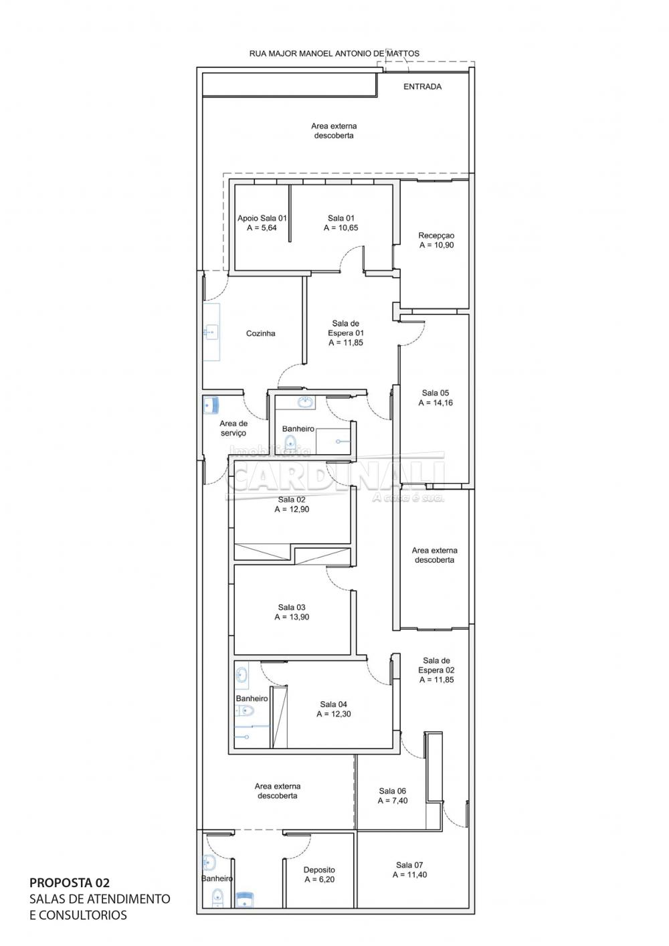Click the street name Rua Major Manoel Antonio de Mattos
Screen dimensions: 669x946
pos(334,54)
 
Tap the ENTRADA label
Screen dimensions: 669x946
pos(422,86)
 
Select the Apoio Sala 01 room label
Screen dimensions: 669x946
pos(262,218)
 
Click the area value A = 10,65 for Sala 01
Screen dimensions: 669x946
pos(341,228)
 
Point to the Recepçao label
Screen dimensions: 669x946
pos(436,235)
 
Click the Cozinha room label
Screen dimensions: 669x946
pos(261,334)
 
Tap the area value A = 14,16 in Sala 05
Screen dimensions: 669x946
pos(436,403)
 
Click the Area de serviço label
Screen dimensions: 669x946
pos(233,428)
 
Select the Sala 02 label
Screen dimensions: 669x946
pos(292,500)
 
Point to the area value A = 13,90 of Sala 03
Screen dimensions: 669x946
pos(292,617)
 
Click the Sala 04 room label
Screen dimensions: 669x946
pos(333,704)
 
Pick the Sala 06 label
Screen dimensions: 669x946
pos(392,791)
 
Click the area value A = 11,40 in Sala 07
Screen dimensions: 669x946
pos(409,874)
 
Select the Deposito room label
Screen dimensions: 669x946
pos(319,870)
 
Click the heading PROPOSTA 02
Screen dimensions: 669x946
pos(70,883)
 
